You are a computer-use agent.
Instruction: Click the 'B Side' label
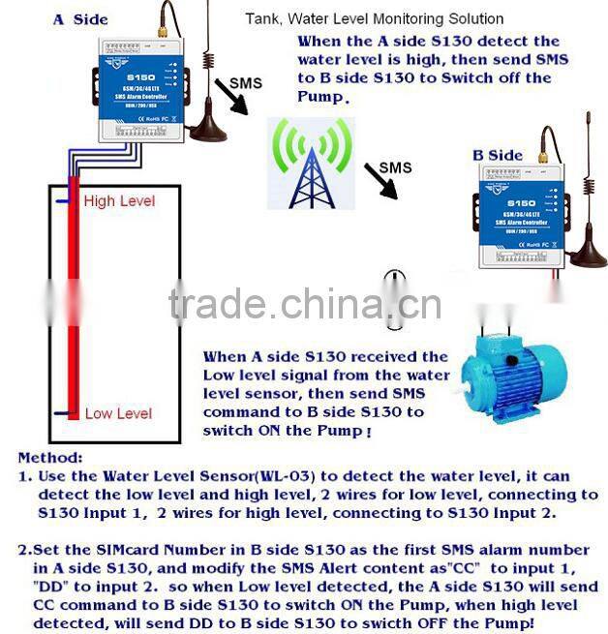pyautogui.click(x=497, y=155)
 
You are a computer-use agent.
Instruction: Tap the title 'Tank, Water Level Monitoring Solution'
pyautogui.click(x=374, y=18)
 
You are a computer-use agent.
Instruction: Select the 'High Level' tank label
pyautogui.click(x=118, y=200)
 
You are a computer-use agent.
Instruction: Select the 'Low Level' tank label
pyautogui.click(x=118, y=413)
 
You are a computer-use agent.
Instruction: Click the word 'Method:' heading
pyautogui.click(x=50, y=458)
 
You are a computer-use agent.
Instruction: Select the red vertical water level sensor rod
pyautogui.click(x=73, y=300)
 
